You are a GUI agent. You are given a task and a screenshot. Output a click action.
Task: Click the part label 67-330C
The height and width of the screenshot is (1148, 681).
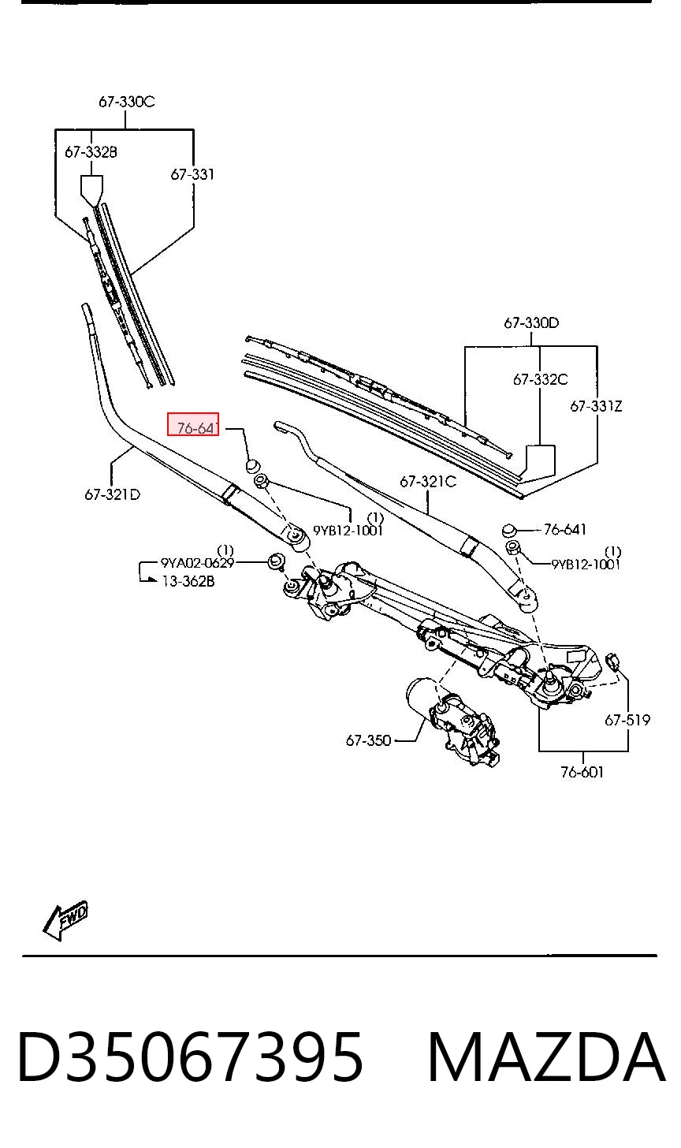[126, 102]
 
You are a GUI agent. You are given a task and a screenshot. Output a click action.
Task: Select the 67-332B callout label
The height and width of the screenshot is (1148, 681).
[91, 151]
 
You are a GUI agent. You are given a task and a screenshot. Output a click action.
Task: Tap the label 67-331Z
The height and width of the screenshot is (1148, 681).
[596, 406]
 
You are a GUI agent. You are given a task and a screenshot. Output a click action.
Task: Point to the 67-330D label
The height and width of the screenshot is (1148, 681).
[531, 323]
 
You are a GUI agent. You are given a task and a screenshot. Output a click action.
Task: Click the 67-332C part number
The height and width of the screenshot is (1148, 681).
[540, 380]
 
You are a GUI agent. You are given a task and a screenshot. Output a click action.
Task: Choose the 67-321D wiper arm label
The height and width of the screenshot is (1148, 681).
[112, 494]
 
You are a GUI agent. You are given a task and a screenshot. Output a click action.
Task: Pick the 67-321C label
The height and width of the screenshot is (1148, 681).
[428, 482]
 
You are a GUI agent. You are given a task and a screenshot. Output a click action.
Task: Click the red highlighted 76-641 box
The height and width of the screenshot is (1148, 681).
[193, 424]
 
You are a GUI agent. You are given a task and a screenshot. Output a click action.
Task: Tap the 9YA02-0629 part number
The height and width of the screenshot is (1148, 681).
[197, 563]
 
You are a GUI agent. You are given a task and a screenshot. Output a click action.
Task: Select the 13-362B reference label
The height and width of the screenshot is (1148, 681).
[188, 581]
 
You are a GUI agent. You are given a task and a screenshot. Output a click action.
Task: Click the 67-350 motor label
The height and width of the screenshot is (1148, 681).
[368, 740]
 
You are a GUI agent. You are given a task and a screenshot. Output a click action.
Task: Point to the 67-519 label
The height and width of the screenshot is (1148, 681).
[627, 720]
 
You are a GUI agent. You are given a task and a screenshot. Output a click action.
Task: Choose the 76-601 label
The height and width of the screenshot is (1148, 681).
[582, 773]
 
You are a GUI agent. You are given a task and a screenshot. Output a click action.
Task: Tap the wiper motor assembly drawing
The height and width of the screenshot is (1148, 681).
[451, 721]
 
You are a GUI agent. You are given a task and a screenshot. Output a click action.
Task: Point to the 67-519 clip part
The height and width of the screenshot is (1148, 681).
[613, 661]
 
